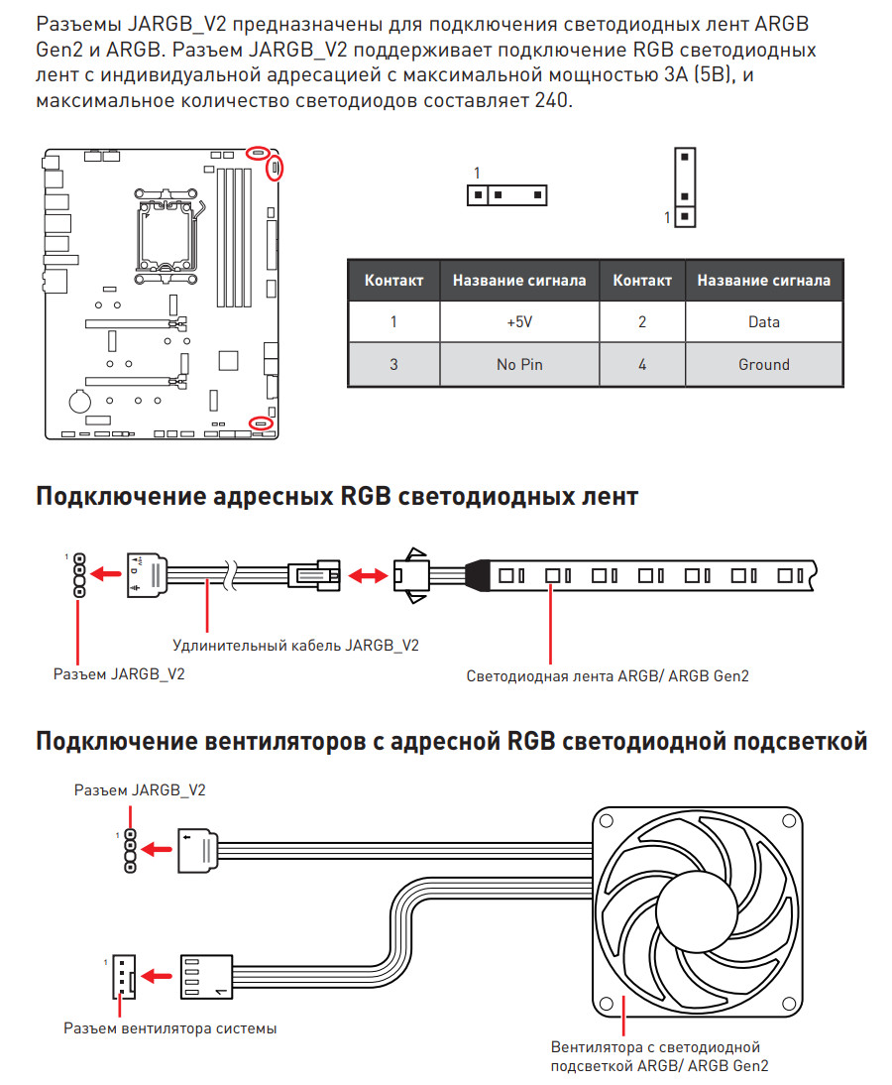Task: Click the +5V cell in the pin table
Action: coord(519,321)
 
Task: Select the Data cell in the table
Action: coord(763,321)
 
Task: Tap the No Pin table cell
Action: coord(519,364)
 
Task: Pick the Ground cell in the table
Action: coord(763,364)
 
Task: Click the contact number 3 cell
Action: coord(393,364)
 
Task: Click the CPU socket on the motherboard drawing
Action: coord(166,236)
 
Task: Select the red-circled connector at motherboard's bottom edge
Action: coord(261,422)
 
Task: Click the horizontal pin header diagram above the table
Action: coord(506,195)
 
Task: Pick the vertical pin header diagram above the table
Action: coord(685,186)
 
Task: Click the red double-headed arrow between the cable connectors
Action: coord(367,575)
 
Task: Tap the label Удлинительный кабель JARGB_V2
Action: coord(295,645)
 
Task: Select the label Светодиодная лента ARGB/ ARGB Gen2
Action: coord(608,676)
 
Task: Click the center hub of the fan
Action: coord(696,909)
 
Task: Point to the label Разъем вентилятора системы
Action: coord(170,1028)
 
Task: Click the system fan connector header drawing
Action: coord(124,976)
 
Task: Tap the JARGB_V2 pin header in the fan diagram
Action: coord(130,851)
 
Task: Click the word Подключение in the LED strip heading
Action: coord(121,497)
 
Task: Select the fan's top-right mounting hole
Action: coord(789,820)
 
